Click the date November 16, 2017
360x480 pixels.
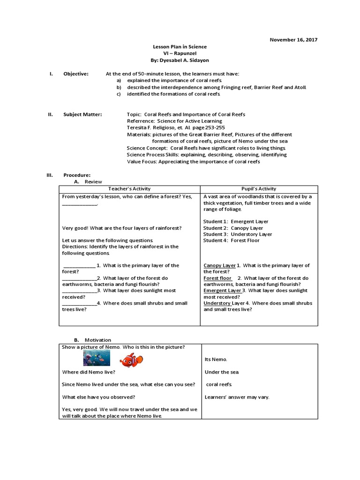(x=293, y=40)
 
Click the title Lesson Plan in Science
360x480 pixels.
(x=180, y=47)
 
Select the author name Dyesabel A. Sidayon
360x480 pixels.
(x=180, y=60)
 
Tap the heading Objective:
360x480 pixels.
(x=76, y=74)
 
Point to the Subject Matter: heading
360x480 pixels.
(x=82, y=114)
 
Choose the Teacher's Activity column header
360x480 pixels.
(x=129, y=188)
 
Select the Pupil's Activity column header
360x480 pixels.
(x=259, y=188)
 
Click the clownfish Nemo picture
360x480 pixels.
(x=131, y=360)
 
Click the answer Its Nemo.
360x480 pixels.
(x=216, y=360)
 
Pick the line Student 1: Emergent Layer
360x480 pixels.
(x=236, y=221)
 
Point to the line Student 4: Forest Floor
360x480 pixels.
(x=231, y=240)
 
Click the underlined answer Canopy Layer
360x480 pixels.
(x=219, y=265)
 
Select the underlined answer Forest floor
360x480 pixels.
(x=217, y=278)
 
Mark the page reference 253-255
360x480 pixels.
(x=213, y=127)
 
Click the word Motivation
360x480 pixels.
(x=97, y=340)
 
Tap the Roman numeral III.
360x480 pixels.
(x=49, y=175)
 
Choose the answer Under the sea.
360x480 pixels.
(x=222, y=372)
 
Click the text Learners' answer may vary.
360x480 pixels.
(x=237, y=397)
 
